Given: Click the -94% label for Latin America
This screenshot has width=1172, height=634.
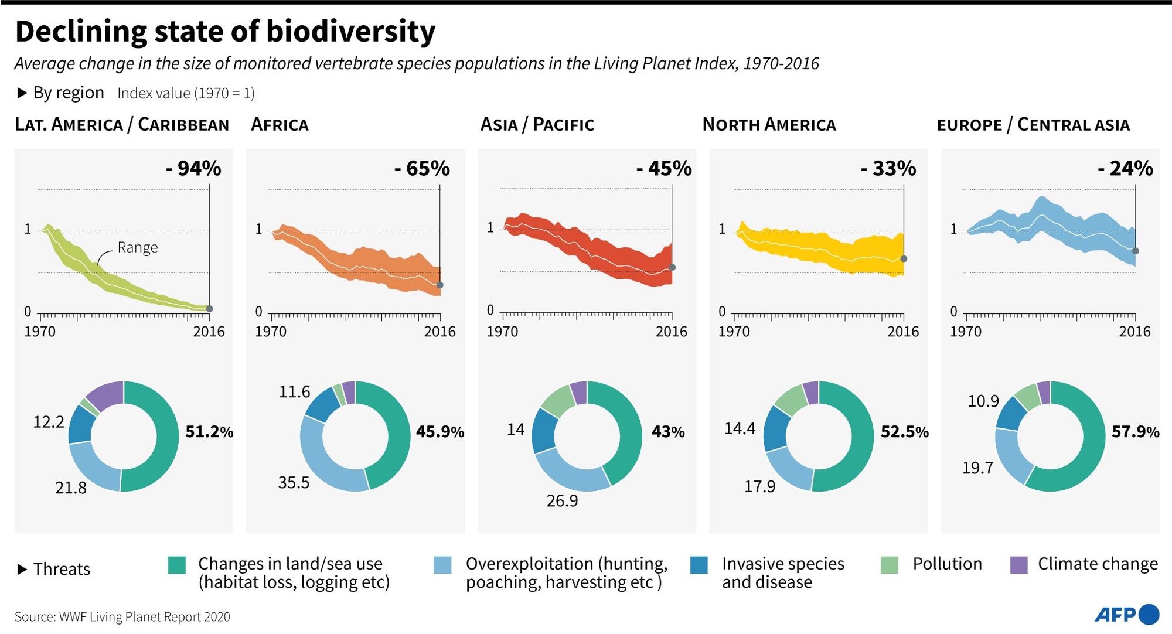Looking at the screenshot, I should (x=193, y=169).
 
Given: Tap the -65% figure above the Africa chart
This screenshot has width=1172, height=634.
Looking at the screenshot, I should (x=422, y=169).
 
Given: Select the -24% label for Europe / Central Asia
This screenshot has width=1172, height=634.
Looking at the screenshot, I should (x=1125, y=169).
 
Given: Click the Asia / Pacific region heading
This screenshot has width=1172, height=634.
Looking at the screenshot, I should (x=537, y=125).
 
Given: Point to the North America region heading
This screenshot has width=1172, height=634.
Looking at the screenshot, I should (x=769, y=125).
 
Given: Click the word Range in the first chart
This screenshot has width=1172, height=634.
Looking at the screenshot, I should (x=138, y=247).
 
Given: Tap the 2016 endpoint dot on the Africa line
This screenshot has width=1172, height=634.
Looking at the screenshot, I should (x=440, y=285).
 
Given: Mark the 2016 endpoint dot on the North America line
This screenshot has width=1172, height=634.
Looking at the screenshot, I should (x=904, y=259).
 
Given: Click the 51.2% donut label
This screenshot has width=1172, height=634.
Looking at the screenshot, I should (x=209, y=432).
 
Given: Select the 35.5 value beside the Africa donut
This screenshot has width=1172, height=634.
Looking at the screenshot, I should (x=294, y=483).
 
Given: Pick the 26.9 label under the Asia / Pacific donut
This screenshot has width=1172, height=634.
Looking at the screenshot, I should (x=562, y=501).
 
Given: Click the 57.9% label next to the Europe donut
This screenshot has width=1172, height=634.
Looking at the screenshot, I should (x=1135, y=432).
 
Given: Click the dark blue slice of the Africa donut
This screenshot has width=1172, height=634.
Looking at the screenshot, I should (x=323, y=404).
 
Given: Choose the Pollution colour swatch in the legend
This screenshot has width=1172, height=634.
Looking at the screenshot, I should (x=890, y=565).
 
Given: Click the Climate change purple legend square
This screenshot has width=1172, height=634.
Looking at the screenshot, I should (x=1019, y=565).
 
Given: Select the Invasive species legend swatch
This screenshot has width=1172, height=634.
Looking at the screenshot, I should (x=699, y=565).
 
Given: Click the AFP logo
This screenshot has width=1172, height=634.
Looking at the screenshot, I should (x=1126, y=614).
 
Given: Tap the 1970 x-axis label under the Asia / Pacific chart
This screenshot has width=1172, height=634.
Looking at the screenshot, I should (x=502, y=332).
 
